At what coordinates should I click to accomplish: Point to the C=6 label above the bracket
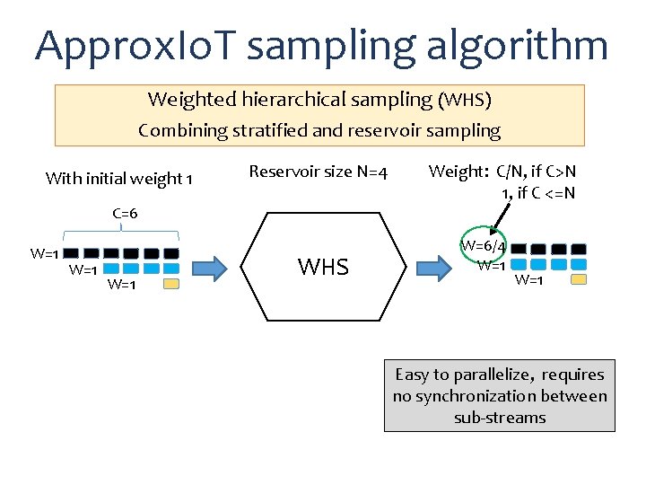point(125,214)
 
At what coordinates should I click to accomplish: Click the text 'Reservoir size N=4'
point(318,171)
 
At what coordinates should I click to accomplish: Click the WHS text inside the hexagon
point(323,267)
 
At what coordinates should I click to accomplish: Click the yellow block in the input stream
point(170,284)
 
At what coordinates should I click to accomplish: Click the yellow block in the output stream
point(579,279)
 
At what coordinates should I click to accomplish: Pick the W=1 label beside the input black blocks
point(44,253)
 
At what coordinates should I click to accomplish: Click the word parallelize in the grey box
point(494,375)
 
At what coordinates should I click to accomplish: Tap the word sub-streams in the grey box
point(499,418)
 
